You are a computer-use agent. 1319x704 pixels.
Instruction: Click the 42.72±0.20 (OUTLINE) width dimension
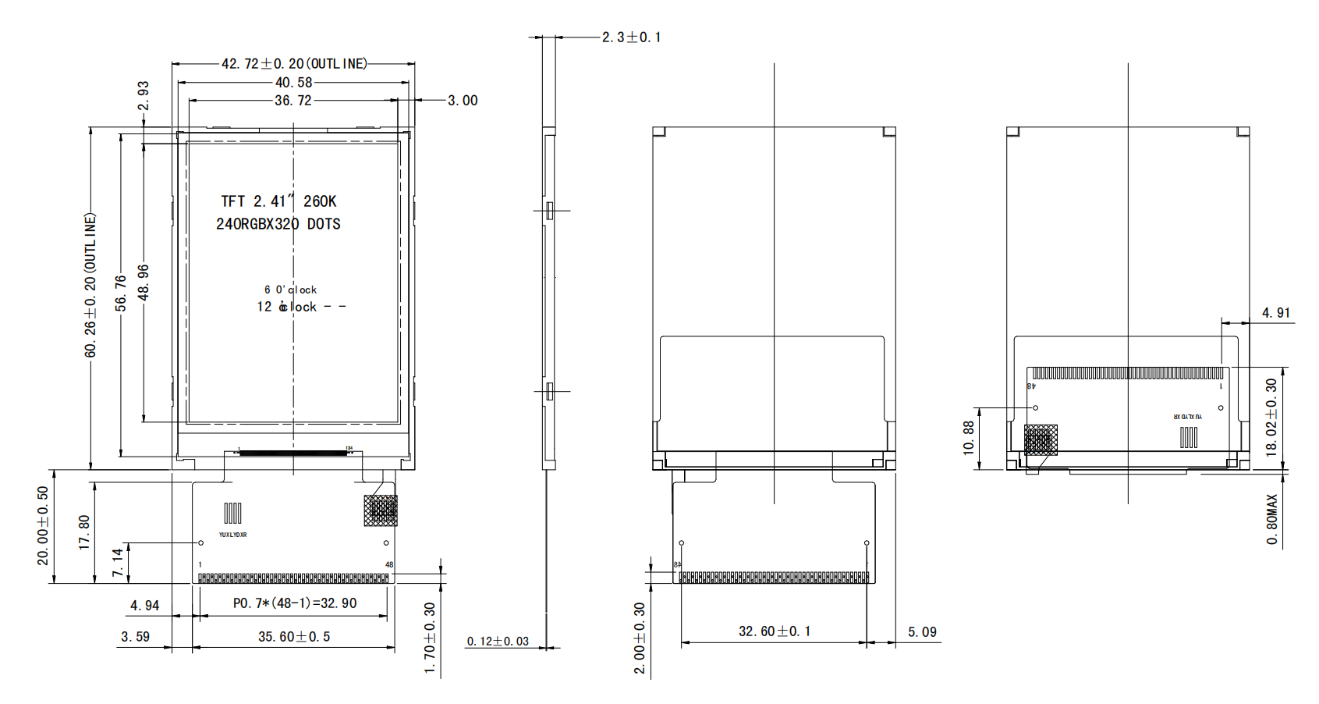[x=294, y=64]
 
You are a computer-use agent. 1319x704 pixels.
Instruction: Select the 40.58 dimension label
[x=293, y=83]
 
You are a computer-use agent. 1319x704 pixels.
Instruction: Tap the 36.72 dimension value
[x=293, y=101]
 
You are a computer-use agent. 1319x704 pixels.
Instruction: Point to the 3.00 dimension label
[x=463, y=101]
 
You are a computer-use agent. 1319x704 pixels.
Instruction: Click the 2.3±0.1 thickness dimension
[x=631, y=37]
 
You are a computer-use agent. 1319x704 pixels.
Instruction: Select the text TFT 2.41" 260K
[x=278, y=201]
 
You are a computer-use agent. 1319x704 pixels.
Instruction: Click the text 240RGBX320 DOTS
[x=278, y=224]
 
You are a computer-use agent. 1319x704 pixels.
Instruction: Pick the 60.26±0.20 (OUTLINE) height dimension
[x=90, y=285]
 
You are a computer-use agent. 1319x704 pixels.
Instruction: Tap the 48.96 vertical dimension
[x=144, y=282]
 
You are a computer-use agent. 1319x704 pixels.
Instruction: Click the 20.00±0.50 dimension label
[x=43, y=525]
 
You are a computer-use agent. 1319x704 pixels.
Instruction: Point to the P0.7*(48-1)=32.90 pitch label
[x=294, y=603]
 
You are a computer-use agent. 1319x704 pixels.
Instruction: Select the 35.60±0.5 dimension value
[x=294, y=637]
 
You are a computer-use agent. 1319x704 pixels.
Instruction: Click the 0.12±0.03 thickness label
[x=498, y=642]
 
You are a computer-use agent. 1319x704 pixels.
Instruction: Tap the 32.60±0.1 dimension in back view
[x=775, y=631]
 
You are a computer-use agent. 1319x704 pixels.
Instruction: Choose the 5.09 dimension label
[x=922, y=632]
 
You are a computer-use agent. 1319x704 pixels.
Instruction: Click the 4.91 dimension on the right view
[x=1276, y=313]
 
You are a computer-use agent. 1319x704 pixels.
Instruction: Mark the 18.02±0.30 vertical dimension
[x=1271, y=418]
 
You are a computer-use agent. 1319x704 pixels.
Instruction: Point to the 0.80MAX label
[x=1272, y=519]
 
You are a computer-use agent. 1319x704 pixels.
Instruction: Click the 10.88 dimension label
[x=969, y=438]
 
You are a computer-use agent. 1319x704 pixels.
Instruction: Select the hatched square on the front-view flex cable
[x=381, y=510]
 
